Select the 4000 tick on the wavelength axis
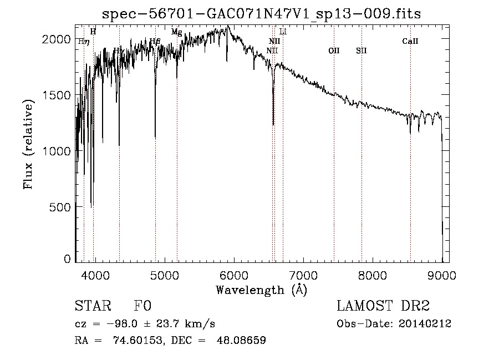click(x=95, y=275)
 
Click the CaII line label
click(x=410, y=41)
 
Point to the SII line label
click(x=361, y=50)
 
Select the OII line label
click(x=334, y=50)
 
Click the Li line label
click(x=283, y=32)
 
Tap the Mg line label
click(x=176, y=32)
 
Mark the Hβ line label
click(x=155, y=41)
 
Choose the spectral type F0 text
click(x=142, y=306)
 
